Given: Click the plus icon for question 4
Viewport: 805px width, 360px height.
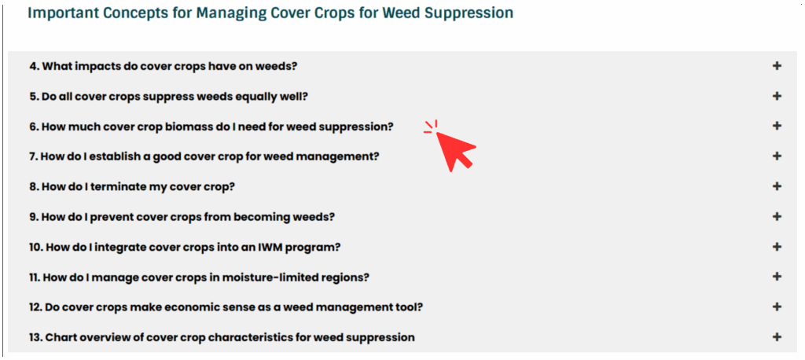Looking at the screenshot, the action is click(x=777, y=66).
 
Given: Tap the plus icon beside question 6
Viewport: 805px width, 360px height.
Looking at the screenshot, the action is click(x=777, y=126).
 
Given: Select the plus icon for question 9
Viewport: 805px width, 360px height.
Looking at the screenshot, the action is click(x=777, y=216).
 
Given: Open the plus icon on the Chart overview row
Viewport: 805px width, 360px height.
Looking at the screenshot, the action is click(x=777, y=337).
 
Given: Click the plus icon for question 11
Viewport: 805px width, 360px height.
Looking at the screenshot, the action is click(x=777, y=277).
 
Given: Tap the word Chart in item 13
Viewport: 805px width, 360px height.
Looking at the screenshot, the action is click(x=59, y=337).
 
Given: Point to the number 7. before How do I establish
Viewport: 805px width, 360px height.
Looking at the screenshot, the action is click(x=33, y=156).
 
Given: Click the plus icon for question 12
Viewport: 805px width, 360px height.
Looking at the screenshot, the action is click(x=777, y=307).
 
